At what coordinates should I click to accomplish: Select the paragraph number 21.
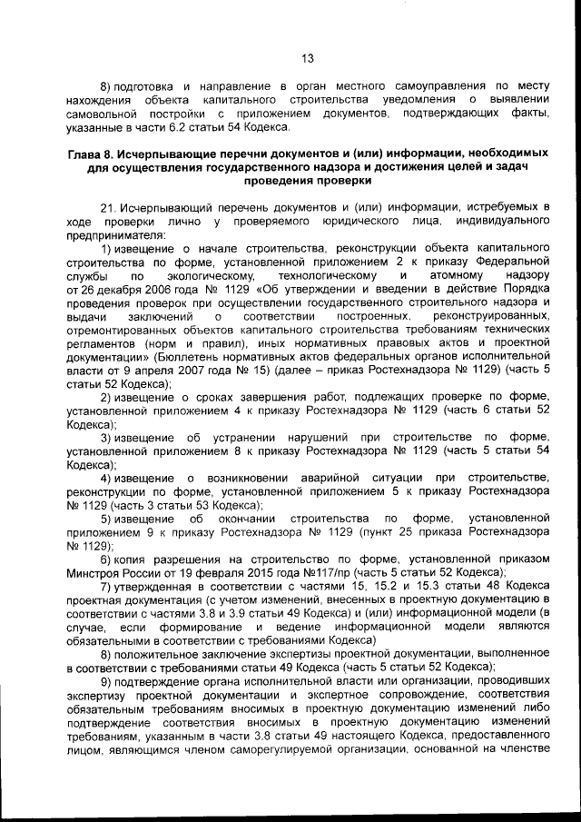108,207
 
